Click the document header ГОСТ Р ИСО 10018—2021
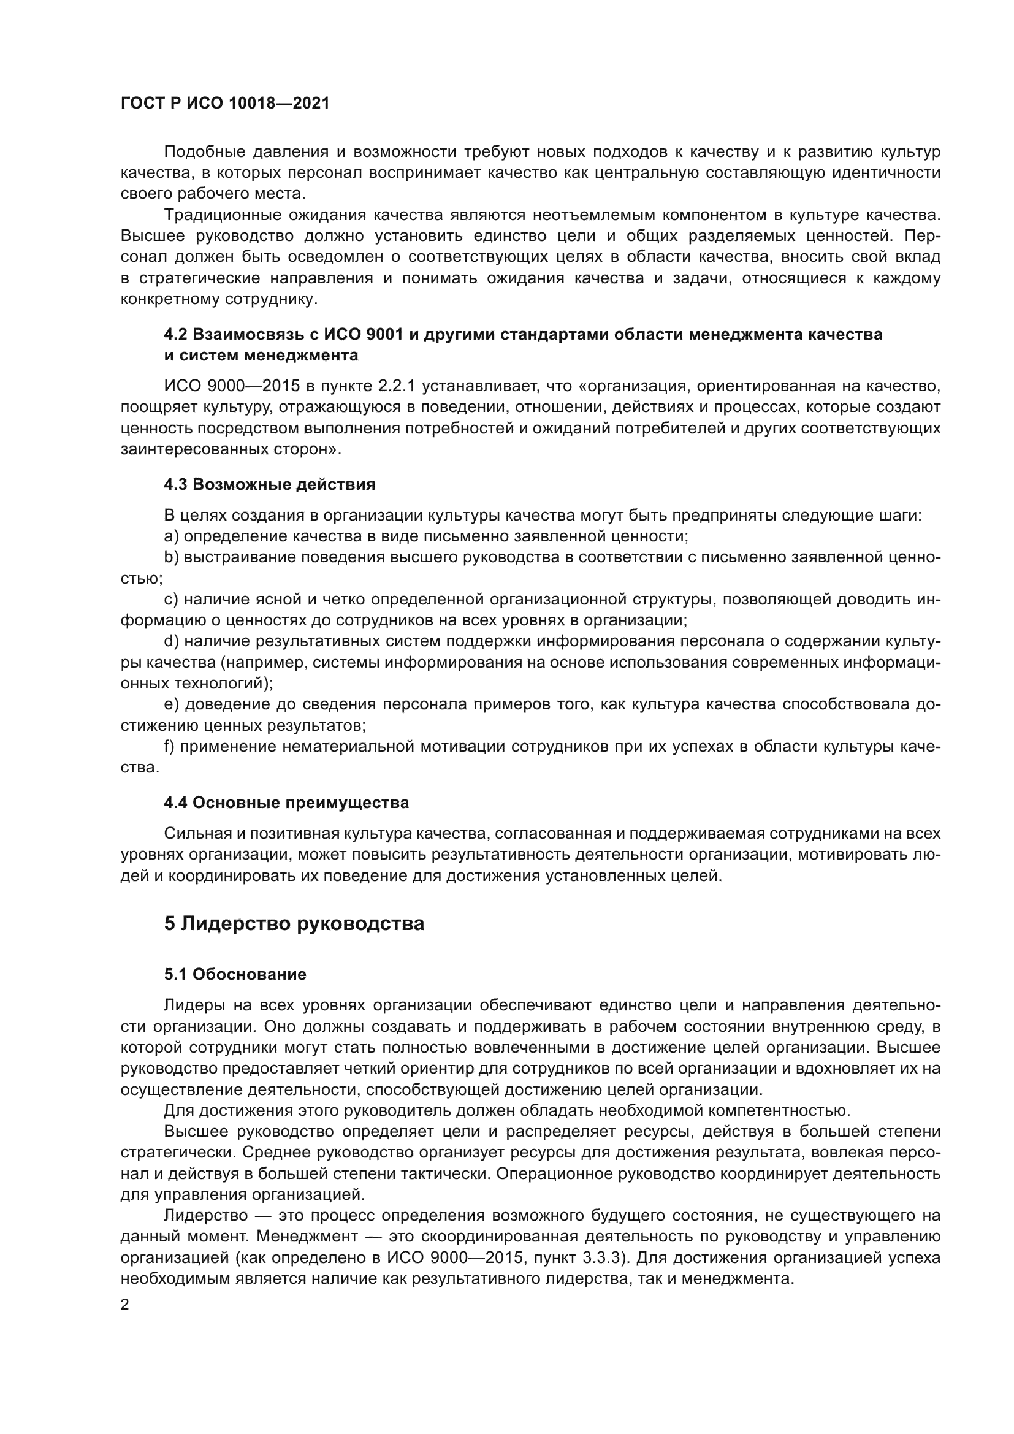click(x=225, y=104)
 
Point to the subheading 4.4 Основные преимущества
click(x=286, y=803)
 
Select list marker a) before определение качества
click(x=172, y=536)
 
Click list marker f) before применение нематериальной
click(x=170, y=746)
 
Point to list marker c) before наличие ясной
click(x=172, y=600)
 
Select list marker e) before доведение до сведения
click(x=172, y=704)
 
